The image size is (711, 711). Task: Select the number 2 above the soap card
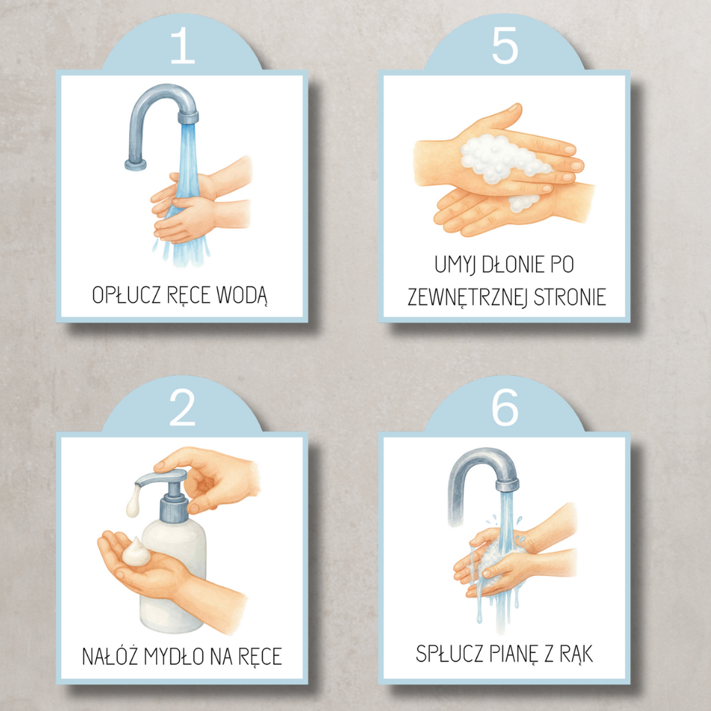(182, 408)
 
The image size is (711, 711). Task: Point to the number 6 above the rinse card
(505, 408)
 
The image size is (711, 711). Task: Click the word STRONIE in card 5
(570, 298)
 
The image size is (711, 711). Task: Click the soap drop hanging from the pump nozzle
(133, 502)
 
